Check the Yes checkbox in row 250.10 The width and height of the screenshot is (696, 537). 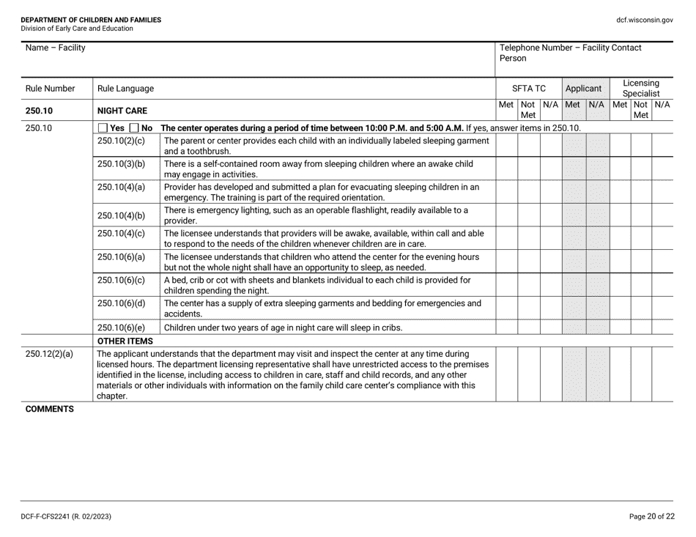103,128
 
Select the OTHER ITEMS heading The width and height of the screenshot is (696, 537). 125,341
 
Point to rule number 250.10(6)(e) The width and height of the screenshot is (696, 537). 121,327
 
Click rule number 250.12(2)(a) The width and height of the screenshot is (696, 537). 49,355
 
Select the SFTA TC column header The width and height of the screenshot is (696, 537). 528,88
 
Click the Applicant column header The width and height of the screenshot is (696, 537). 583,88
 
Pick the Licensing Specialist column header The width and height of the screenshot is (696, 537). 641,89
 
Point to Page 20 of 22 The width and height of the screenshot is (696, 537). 652,516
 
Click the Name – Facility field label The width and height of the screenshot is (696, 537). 55,48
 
